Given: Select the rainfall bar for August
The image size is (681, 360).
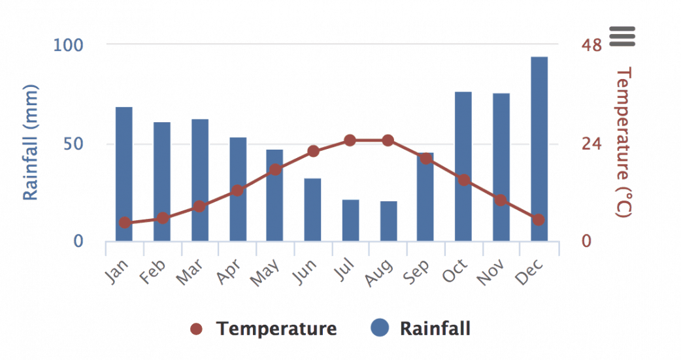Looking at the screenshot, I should pos(388,221).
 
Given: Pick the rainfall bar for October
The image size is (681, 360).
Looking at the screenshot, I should pos(463,167).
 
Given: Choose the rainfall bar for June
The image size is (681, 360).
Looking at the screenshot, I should pos(312,210).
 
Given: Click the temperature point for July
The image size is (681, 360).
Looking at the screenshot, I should pos(350,140).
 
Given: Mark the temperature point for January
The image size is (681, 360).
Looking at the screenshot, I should pos(125,223).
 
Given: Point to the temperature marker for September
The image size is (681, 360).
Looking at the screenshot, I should pos(426,158).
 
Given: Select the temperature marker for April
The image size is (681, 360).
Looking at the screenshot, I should pos(238,191).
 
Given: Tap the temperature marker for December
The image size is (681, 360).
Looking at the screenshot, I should pos(539,220).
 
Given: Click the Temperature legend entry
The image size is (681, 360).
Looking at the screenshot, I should pos(265,329).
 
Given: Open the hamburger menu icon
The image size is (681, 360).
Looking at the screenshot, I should pos(622,37).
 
